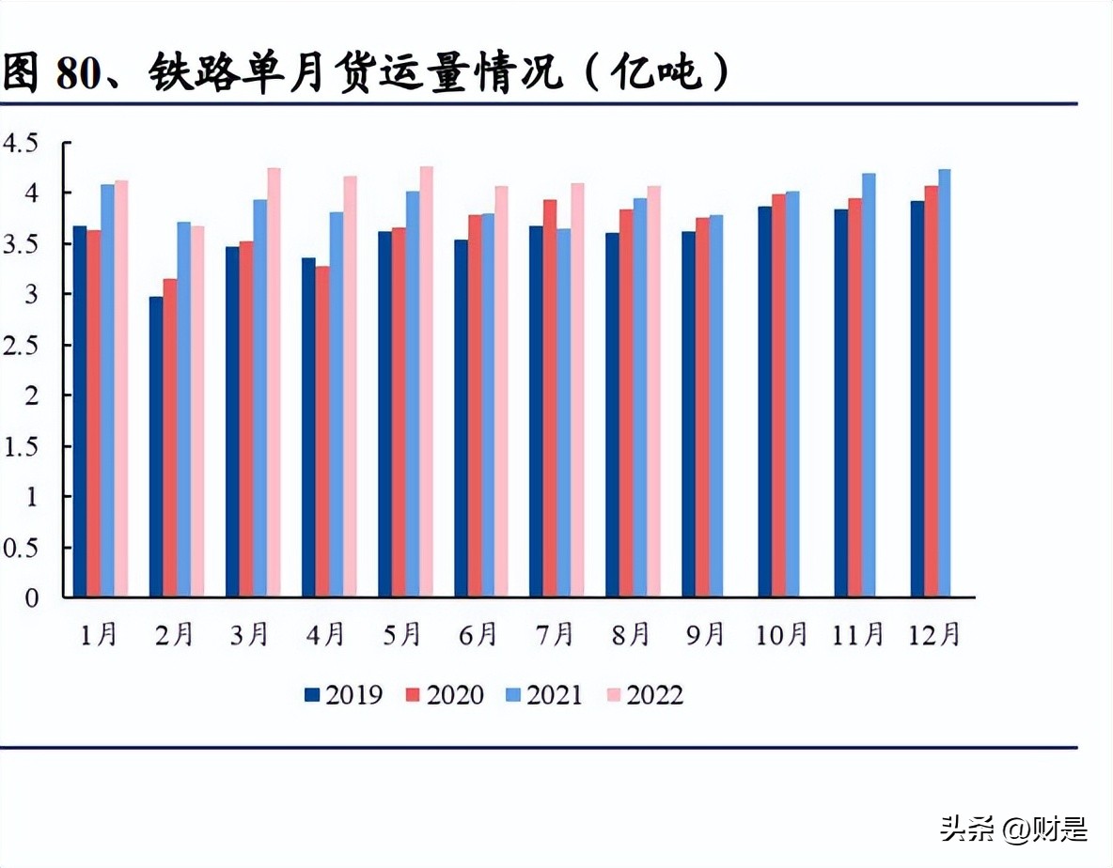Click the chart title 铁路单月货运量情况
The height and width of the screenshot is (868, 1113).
pos(367,72)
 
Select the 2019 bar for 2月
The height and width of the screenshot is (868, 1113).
pos(156,446)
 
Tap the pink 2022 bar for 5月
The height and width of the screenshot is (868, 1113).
pos(426,381)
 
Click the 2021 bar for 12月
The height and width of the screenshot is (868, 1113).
pos(944,383)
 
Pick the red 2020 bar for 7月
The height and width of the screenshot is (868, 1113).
pos(550,398)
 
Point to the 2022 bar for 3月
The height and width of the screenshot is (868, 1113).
pos(274,382)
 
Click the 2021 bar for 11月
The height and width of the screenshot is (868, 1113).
pos(868,385)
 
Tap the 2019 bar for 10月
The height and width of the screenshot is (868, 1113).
pos(764,401)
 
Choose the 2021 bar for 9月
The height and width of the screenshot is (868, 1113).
pos(716,406)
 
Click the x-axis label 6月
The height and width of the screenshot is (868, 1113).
pos(478,635)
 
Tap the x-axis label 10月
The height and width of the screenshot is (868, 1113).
pos(781,635)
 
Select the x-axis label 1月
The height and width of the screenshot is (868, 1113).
pos(98,635)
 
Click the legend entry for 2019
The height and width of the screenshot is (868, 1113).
pos(344,695)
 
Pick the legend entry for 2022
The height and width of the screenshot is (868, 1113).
pos(645,695)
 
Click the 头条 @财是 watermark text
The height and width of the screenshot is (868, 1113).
pos(1013,829)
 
